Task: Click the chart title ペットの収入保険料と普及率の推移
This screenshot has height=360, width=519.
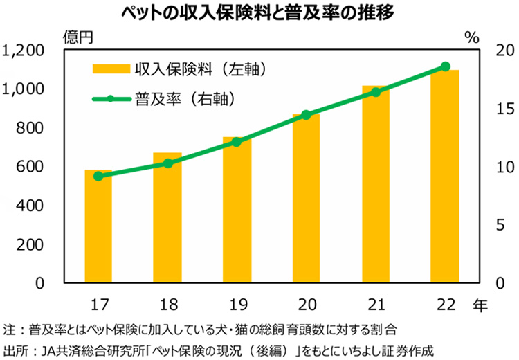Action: pyautogui.click(x=259, y=13)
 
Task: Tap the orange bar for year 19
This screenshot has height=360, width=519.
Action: pyautogui.click(x=237, y=210)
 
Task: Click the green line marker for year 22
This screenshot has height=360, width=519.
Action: pyautogui.click(x=445, y=67)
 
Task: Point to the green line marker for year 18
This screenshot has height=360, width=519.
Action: pyautogui.click(x=167, y=163)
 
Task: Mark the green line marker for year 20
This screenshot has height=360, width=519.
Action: pyautogui.click(x=306, y=115)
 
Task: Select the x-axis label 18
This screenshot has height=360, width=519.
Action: pyautogui.click(x=167, y=303)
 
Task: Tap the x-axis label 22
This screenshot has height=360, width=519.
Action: pyautogui.click(x=444, y=303)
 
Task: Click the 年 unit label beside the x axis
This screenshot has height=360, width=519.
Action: pyautogui.click(x=481, y=303)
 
